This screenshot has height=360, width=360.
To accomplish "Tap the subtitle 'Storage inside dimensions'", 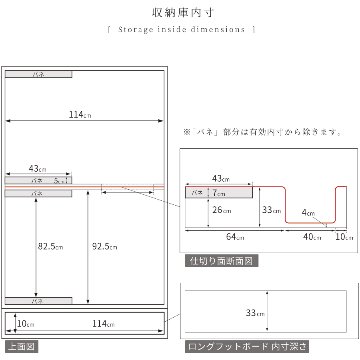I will pyautogui.click(x=180, y=31).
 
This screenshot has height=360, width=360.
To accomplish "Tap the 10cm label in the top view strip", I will pyautogui.click(x=22, y=322).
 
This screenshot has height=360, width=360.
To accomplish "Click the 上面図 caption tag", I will pyautogui.click(x=17, y=346).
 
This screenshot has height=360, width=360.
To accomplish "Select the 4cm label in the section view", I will pyautogui.click(x=310, y=213).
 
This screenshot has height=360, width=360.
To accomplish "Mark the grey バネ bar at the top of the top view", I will pyautogui.click(x=38, y=74).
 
